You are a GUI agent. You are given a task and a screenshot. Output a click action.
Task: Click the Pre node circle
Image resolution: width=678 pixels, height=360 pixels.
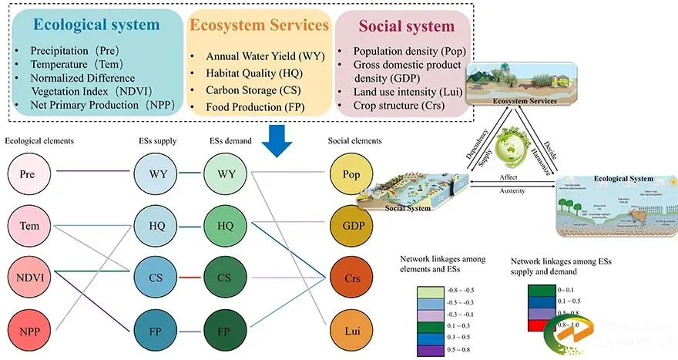(29, 174)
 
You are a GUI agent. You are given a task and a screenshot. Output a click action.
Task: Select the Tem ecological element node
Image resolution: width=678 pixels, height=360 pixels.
(29, 226)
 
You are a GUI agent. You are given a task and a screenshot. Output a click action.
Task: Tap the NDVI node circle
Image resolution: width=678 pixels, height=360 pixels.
(29, 277)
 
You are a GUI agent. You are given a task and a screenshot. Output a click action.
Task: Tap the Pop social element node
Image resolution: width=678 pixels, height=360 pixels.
(351, 174)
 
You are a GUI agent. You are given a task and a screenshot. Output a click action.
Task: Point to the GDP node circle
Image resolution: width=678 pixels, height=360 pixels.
(351, 226)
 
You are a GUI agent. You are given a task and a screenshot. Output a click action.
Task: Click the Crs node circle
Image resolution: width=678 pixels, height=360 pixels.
(351, 277)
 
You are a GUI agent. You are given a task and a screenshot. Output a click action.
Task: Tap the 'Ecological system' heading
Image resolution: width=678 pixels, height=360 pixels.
(96, 25)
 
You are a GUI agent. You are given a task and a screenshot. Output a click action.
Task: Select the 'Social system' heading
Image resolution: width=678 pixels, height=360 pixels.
(407, 26)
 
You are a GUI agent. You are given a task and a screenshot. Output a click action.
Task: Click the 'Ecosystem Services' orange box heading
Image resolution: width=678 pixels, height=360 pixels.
(260, 25)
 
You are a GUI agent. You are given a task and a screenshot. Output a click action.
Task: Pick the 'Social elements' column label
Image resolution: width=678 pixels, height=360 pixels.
(354, 140)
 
